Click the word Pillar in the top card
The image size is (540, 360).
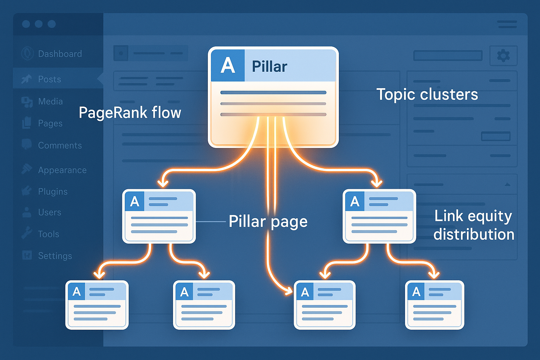click(269, 66)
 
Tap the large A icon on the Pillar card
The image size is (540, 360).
click(227, 66)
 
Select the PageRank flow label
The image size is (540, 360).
click(130, 113)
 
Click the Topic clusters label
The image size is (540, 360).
click(427, 94)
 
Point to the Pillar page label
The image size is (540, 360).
click(268, 221)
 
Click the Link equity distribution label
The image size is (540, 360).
click(474, 225)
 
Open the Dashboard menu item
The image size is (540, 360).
click(60, 54)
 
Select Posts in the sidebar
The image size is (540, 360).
click(50, 79)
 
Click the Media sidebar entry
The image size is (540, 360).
click(50, 102)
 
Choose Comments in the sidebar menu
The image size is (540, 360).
click(60, 146)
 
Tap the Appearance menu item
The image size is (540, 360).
click(62, 170)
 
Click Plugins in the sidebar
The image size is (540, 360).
click(53, 192)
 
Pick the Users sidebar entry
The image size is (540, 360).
click(50, 212)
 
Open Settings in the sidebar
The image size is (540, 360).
click(55, 256)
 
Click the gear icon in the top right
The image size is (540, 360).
click(503, 56)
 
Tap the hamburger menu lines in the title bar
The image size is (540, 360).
click(507, 24)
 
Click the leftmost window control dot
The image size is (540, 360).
click(26, 24)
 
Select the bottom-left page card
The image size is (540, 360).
click(97, 305)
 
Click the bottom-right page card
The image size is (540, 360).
click(435, 305)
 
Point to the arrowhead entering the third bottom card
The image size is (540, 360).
click(289, 291)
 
